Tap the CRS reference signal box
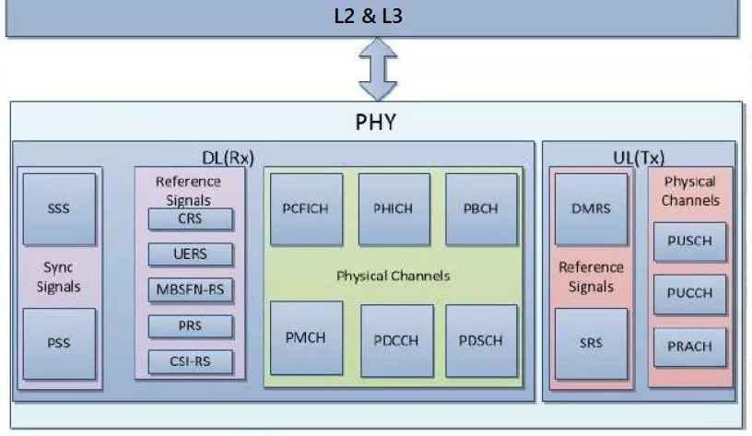(x=191, y=219)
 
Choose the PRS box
(x=191, y=325)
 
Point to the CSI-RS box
(x=191, y=361)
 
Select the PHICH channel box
(x=394, y=208)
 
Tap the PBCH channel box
(x=481, y=208)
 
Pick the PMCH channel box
(x=306, y=336)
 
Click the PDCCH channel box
(x=397, y=340)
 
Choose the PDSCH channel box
(x=481, y=340)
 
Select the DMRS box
(x=592, y=208)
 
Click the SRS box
(x=592, y=343)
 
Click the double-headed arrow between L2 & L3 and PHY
(x=376, y=69)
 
